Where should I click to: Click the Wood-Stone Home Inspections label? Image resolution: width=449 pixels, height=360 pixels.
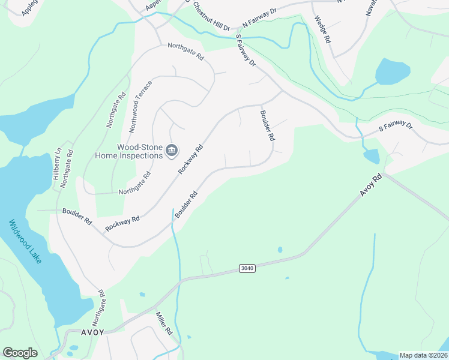(129, 151)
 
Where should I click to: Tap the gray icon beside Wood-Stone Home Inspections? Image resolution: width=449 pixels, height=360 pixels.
(171, 150)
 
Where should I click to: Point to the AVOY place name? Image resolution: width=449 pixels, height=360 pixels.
(92, 332)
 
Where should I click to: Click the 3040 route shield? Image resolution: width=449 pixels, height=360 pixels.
(247, 268)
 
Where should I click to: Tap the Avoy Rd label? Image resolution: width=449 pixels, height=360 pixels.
(371, 184)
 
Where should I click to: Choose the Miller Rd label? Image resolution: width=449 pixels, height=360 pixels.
(164, 323)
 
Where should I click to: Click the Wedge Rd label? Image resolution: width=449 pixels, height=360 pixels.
(323, 29)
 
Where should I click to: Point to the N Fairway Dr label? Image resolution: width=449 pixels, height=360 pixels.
(259, 17)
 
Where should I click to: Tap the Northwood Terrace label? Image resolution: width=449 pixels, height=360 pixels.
(140, 105)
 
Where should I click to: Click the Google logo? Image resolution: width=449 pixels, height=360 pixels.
(20, 353)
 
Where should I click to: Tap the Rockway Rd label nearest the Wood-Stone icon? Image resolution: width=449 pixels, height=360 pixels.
(191, 160)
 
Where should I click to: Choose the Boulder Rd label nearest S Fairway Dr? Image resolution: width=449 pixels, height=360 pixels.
(267, 125)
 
